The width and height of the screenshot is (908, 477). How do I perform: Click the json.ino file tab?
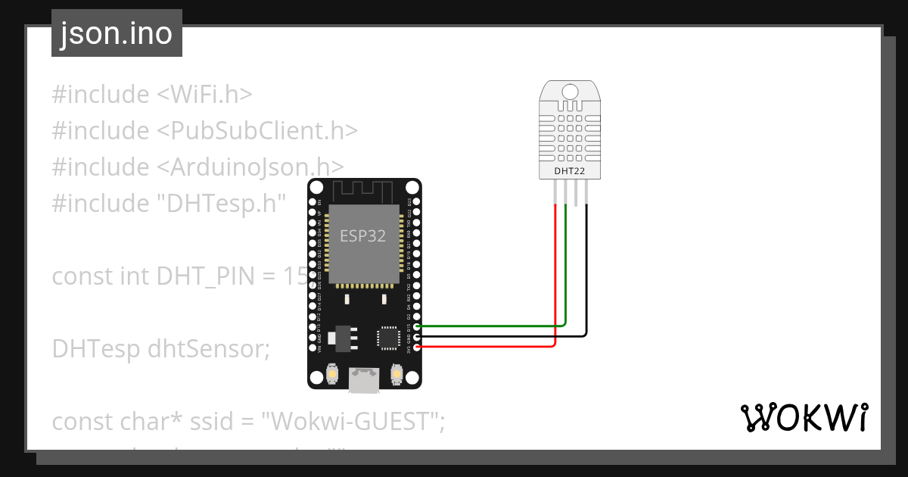117,34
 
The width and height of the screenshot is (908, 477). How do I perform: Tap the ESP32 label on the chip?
362,235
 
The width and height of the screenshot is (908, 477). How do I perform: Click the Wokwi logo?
803,418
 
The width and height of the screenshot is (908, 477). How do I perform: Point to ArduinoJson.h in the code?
257,167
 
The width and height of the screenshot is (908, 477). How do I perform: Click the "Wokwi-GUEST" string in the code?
352,422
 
